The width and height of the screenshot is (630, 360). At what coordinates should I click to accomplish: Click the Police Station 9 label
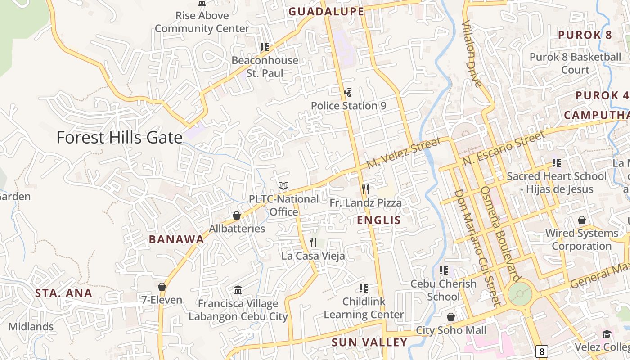349,106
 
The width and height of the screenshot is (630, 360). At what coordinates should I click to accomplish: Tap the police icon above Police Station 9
347,93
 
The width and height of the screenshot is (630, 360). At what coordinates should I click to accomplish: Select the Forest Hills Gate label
119,138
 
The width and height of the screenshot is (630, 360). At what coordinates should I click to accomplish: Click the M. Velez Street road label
404,153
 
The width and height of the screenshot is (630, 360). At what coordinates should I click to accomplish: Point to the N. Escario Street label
504,148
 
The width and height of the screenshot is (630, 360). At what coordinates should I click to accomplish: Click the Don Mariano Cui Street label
476,247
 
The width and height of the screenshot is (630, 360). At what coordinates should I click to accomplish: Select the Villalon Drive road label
472,54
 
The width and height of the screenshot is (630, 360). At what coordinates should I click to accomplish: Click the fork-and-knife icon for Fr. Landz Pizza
365,189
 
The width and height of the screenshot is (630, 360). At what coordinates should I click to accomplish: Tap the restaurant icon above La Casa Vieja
313,243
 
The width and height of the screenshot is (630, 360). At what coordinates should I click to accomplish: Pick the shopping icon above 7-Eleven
162,287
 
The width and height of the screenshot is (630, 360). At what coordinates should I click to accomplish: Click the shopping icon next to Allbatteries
237,216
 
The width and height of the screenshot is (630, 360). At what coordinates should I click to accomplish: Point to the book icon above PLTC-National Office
283,185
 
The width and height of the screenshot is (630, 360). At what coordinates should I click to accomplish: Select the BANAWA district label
176,239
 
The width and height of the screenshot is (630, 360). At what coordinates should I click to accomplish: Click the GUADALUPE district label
326,12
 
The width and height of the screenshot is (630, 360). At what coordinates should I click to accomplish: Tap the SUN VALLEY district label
369,342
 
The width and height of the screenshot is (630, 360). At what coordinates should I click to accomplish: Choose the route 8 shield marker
542,351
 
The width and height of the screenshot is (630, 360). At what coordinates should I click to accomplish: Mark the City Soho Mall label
451,330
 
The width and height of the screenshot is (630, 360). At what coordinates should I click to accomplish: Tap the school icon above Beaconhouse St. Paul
265,47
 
